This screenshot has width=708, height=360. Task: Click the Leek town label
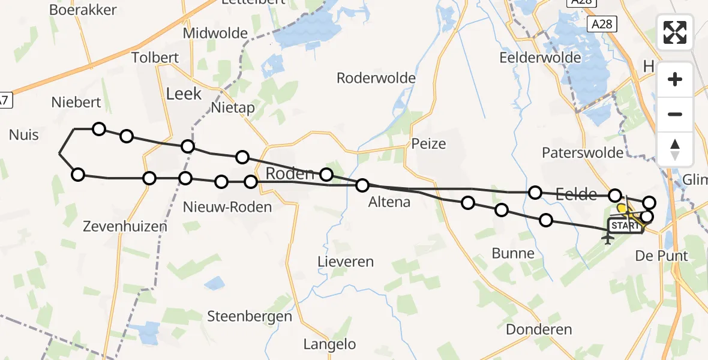click(184, 94)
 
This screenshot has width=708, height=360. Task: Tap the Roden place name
click(290, 174)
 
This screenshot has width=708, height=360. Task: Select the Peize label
click(429, 143)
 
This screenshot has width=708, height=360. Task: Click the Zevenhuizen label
click(125, 226)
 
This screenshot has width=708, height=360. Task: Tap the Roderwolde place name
click(376, 78)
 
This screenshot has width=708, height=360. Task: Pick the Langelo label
click(329, 344)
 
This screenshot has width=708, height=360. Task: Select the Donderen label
click(539, 329)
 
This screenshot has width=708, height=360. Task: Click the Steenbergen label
click(250, 316)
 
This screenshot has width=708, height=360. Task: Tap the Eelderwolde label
click(540, 58)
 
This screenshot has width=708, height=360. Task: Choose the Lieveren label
click(346, 262)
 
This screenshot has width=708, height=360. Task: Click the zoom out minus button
click(675, 114)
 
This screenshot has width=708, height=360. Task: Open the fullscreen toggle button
click(675, 32)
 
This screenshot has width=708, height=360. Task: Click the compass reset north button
click(675, 149)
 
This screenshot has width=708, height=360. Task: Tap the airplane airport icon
click(608, 239)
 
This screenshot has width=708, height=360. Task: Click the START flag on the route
click(625, 226)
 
